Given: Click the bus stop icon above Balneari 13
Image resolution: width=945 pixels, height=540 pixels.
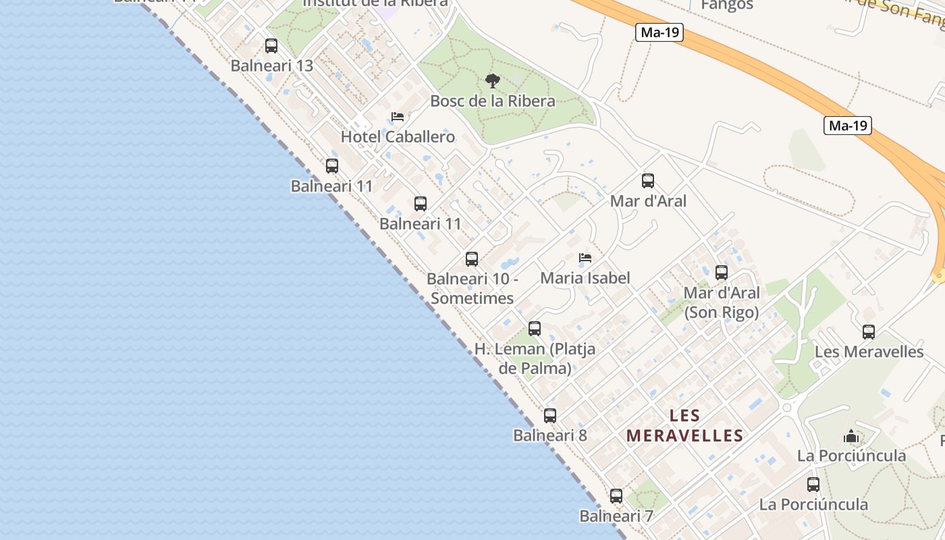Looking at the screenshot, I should coord(271,46).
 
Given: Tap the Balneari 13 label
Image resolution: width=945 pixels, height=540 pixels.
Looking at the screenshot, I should coord(272,65).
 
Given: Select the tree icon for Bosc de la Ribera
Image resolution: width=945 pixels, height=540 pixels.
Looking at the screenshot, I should coord(493,81).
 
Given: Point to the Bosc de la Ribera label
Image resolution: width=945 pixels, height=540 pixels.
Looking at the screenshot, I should coord(493,101).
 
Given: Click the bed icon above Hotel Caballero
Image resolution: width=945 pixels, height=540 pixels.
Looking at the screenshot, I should coord(398,117).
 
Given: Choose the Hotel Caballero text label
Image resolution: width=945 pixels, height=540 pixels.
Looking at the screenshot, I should coord(398,137).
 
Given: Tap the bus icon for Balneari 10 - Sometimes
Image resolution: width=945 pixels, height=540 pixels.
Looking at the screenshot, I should coord(472,259).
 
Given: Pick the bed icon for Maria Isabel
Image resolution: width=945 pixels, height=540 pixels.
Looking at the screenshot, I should coord(585,258).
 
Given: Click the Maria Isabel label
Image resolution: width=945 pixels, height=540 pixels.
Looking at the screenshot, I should coord(585,278).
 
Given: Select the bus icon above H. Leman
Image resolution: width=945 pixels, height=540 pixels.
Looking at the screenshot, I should coord(535,329).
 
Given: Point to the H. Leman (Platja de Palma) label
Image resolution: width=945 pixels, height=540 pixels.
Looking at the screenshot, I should coord(535,358).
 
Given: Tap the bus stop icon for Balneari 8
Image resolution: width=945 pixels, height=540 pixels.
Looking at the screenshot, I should coord(550,416).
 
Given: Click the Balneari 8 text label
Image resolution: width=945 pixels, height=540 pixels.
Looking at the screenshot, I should coord(550,435).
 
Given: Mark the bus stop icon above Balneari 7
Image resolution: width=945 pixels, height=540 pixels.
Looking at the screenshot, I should coord(616,496).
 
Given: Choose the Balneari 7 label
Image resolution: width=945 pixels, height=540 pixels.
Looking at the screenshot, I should coord(616,516).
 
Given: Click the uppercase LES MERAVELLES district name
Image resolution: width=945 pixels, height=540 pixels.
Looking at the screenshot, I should coord(684,425).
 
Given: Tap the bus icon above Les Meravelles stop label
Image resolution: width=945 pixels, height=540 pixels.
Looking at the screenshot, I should coord(869,332).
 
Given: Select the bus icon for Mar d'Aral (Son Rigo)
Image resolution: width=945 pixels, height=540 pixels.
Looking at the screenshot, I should coord(722,273).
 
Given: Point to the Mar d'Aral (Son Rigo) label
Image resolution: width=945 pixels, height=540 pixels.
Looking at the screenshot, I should coord(722,302).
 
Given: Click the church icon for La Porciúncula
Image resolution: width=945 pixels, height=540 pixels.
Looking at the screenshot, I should coord(851,436).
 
